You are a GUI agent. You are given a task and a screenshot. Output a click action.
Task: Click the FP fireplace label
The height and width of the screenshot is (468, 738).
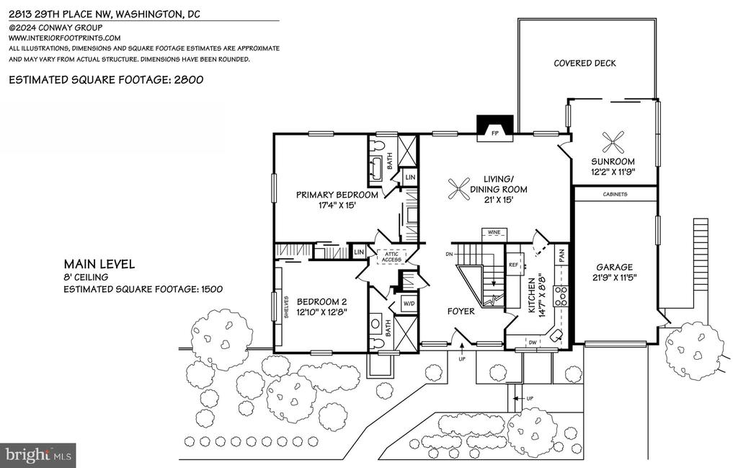coord(494,133)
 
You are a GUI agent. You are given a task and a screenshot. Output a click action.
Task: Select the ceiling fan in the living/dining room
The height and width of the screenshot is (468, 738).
coord(458,189)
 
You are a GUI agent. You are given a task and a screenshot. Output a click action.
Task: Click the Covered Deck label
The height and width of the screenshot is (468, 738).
coord(584,63)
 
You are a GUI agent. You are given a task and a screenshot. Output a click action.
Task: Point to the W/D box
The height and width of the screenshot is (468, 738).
coord(409,304)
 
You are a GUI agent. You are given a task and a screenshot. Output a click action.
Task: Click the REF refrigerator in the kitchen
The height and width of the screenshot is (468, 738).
coord(513,265)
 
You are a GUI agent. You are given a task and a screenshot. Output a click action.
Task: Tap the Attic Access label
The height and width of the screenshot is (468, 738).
coord(391,257)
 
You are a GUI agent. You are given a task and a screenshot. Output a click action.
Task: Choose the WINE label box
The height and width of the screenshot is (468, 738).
coord(494,233)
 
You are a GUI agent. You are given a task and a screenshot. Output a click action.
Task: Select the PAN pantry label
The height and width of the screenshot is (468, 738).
coord(561,256)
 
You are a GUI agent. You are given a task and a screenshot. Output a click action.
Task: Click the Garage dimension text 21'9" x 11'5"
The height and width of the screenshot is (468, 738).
coord(614,278)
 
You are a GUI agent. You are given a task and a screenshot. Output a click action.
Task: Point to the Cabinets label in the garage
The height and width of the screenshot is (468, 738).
coord(615,194)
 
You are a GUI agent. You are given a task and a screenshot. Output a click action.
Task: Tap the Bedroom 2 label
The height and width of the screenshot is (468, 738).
coord(321,302)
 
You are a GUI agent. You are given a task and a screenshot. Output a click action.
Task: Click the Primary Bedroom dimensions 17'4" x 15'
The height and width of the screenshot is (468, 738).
coord(337,206)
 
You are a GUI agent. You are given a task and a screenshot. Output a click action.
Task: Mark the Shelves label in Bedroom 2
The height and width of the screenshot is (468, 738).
coord(286,307)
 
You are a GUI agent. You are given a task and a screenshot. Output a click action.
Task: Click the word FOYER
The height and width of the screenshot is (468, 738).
coord(461,312)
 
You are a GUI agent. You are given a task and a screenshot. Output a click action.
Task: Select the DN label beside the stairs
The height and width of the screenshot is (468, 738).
coord(449,255)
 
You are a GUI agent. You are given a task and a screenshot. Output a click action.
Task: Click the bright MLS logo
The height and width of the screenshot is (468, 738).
coord(38,455)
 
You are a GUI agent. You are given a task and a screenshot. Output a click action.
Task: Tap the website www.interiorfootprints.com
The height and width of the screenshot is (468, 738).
coord(64,38)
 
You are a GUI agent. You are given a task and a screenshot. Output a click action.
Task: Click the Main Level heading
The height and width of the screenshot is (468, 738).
coord(99,264)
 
